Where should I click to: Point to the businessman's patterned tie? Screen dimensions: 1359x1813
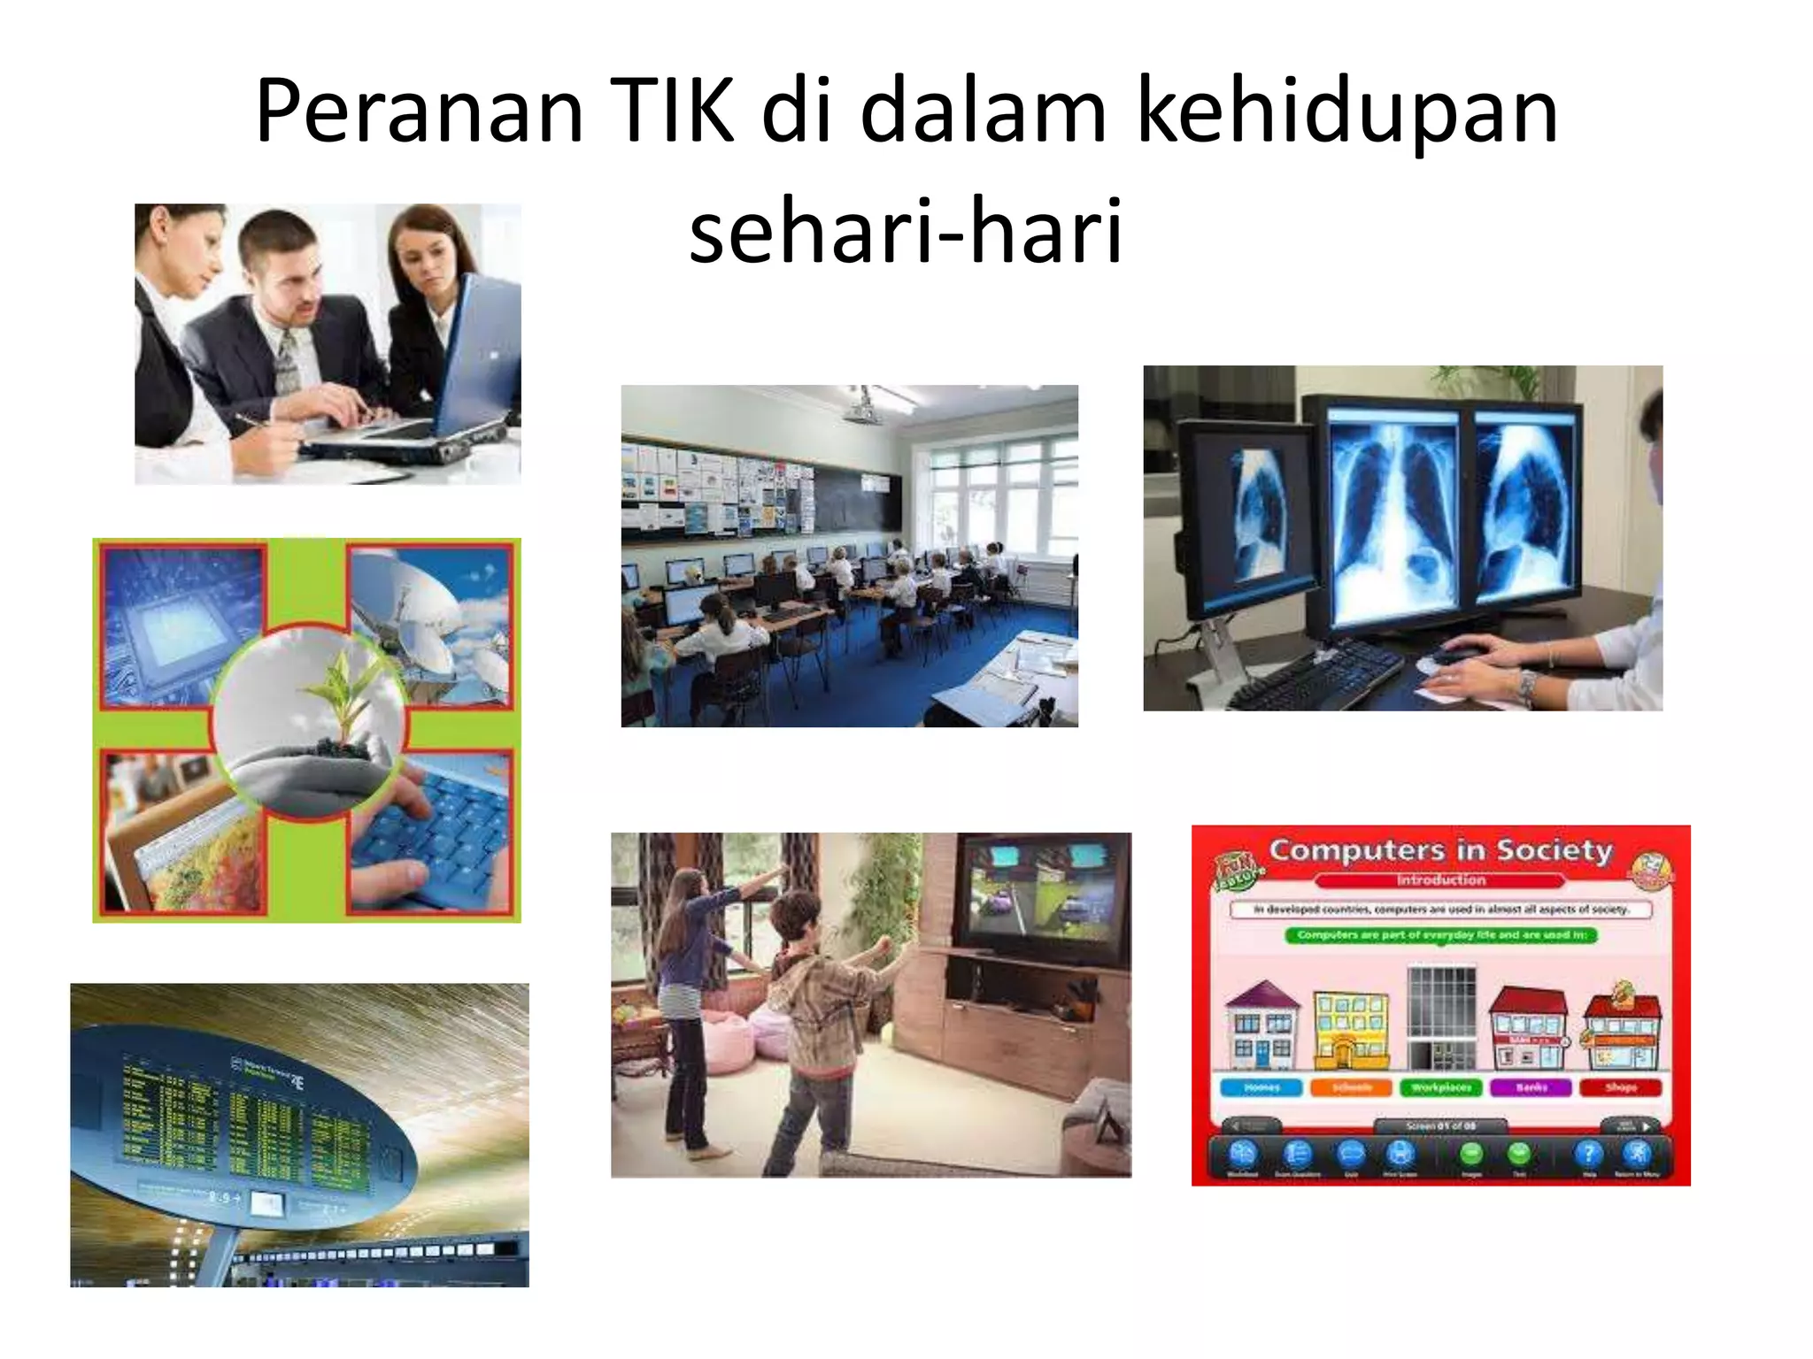click(288, 364)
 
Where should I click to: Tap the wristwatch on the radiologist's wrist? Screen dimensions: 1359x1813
click(1528, 684)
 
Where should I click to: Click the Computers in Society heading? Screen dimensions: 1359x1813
click(1440, 850)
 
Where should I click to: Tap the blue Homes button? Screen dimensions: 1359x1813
click(1261, 1087)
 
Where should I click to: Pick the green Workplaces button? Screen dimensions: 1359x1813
click(1441, 1087)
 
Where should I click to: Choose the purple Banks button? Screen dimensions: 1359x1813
click(1531, 1087)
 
